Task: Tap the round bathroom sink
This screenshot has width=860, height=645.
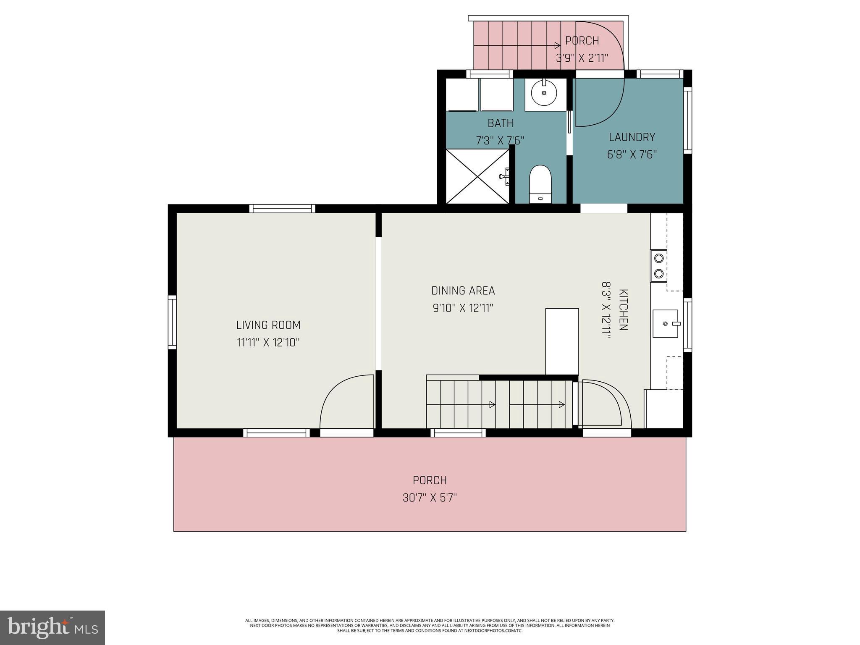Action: tap(544, 93)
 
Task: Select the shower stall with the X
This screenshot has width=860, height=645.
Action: tap(477, 177)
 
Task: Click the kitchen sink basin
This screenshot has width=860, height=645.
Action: tap(665, 324)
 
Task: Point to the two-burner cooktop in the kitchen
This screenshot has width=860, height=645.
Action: tap(658, 266)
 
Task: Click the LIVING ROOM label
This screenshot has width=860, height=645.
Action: tap(268, 325)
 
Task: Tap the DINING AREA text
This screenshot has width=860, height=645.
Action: tap(463, 291)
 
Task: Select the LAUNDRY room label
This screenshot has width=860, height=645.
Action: tap(632, 137)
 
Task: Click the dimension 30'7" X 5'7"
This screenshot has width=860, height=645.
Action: tap(430, 498)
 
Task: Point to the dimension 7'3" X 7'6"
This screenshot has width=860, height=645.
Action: tap(500, 140)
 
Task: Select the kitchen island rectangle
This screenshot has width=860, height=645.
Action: tap(562, 341)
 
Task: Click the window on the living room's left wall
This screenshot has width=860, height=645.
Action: tap(172, 322)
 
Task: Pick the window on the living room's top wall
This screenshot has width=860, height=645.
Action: tap(282, 209)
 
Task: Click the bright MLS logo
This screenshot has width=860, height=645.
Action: tap(52, 627)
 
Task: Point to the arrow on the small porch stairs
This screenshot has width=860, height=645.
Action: tap(558, 45)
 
